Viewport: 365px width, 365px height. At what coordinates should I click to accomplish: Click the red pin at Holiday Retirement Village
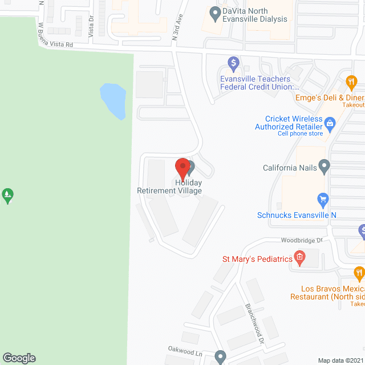pos(182,167)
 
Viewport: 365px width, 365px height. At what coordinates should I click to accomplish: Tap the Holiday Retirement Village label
pos(169,186)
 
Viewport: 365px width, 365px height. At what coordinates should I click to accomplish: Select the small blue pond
pos(113,100)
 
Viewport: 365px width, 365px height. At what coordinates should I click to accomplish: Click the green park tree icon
pos(8,195)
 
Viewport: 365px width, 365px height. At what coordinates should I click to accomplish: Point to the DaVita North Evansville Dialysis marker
pos(215,12)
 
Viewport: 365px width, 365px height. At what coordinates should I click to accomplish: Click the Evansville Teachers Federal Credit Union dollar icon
pos(233,62)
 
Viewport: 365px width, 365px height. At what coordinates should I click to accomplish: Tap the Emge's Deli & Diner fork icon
pos(351,83)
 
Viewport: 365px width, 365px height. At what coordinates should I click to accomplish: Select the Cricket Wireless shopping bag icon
pos(329,122)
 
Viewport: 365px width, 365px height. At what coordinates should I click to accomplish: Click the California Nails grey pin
pos(324,168)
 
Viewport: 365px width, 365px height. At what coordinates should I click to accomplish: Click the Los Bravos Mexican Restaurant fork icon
pos(358,273)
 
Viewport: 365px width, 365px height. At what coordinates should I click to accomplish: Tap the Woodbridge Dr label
pos(302,241)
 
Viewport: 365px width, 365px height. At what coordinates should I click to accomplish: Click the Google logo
pos(18,358)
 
